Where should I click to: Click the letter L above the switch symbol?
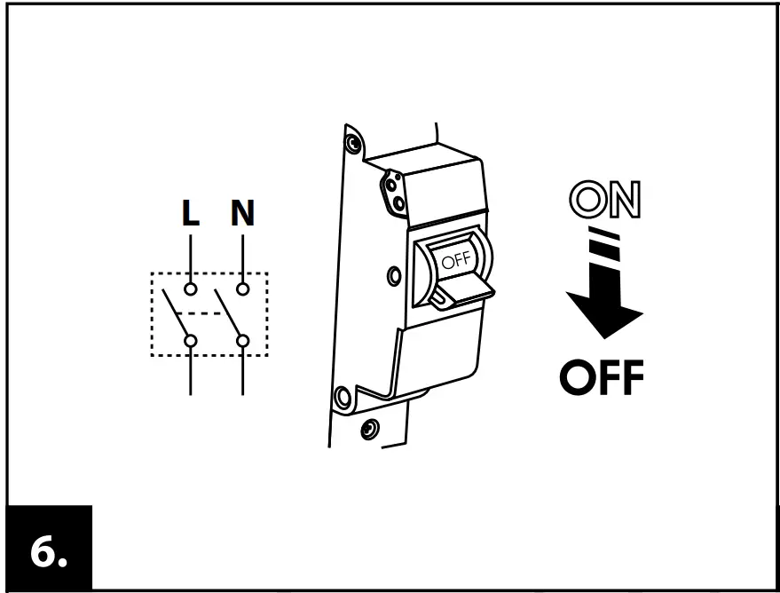tap(191, 214)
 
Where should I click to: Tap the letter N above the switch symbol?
tap(242, 214)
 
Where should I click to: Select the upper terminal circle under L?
tap(191, 289)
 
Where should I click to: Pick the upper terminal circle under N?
tap(242, 289)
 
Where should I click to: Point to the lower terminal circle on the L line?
tap(191, 340)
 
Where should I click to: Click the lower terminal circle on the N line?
tap(242, 340)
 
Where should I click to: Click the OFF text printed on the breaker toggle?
tap(456, 260)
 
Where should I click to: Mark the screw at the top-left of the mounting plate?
tap(354, 142)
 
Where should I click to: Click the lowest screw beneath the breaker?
tap(366, 431)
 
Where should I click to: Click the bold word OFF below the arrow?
tap(602, 379)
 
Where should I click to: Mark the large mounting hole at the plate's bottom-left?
tap(343, 396)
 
